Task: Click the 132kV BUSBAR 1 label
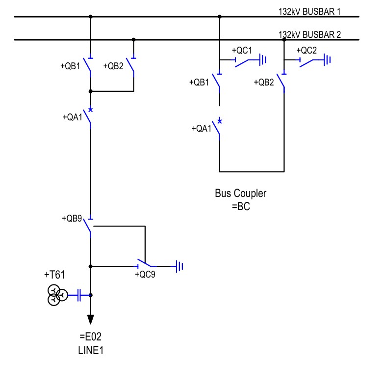309,11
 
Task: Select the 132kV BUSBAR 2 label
309,34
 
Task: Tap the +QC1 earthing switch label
242,50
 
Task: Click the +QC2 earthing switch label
307,50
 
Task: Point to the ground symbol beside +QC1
263,60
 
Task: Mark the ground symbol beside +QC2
327,60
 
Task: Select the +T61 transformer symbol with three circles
56,296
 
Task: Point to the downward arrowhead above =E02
90,320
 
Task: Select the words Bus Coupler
240,194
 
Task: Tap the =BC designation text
241,206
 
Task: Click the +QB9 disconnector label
72,218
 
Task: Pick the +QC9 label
145,275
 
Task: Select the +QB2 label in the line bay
113,66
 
